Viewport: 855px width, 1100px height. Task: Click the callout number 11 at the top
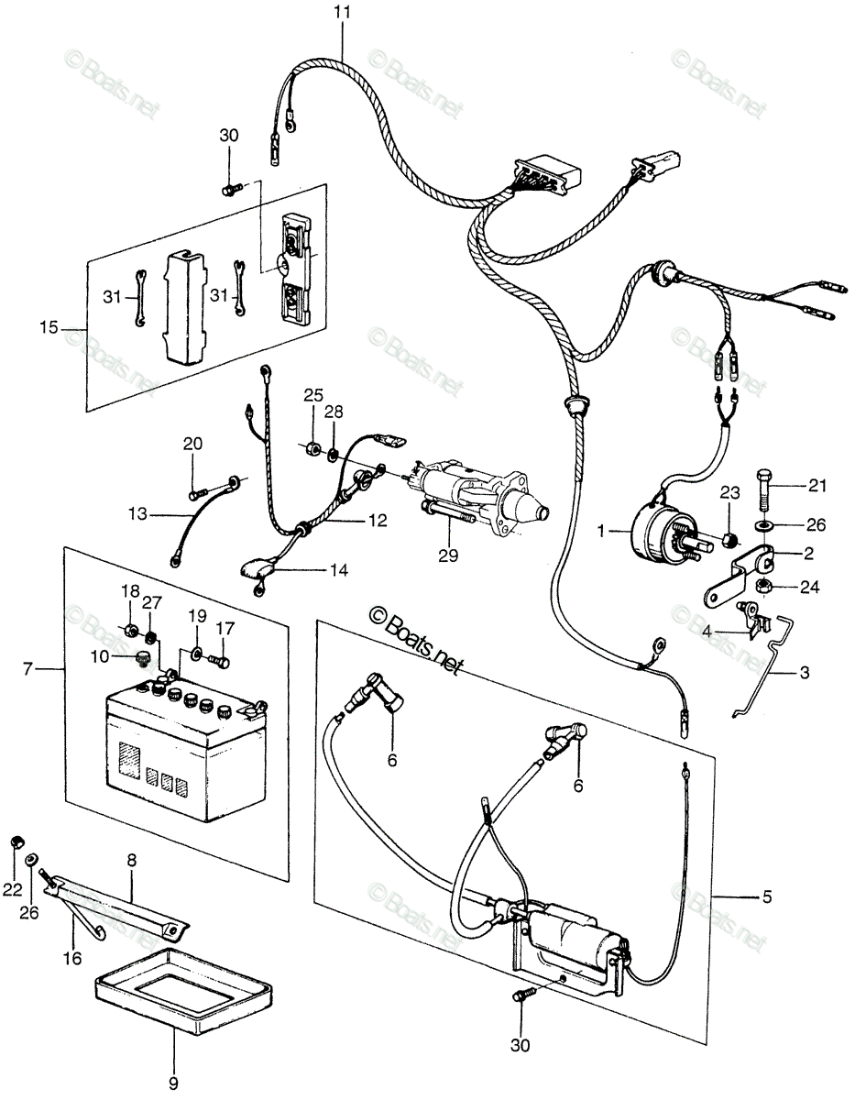click(x=342, y=12)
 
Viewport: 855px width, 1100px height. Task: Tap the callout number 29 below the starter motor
click(x=448, y=555)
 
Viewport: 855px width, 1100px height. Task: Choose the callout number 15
click(x=49, y=327)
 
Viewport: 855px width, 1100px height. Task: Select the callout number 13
click(x=137, y=514)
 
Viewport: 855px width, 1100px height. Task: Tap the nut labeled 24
click(x=763, y=586)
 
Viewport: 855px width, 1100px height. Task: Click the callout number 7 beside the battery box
click(x=27, y=669)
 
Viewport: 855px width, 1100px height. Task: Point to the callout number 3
click(x=804, y=673)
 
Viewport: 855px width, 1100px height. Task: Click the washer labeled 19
click(x=196, y=654)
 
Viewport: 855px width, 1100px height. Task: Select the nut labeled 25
click(x=312, y=448)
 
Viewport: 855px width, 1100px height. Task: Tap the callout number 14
click(x=338, y=570)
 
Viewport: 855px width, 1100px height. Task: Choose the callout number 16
click(x=72, y=958)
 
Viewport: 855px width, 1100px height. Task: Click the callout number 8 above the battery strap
click(x=132, y=860)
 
